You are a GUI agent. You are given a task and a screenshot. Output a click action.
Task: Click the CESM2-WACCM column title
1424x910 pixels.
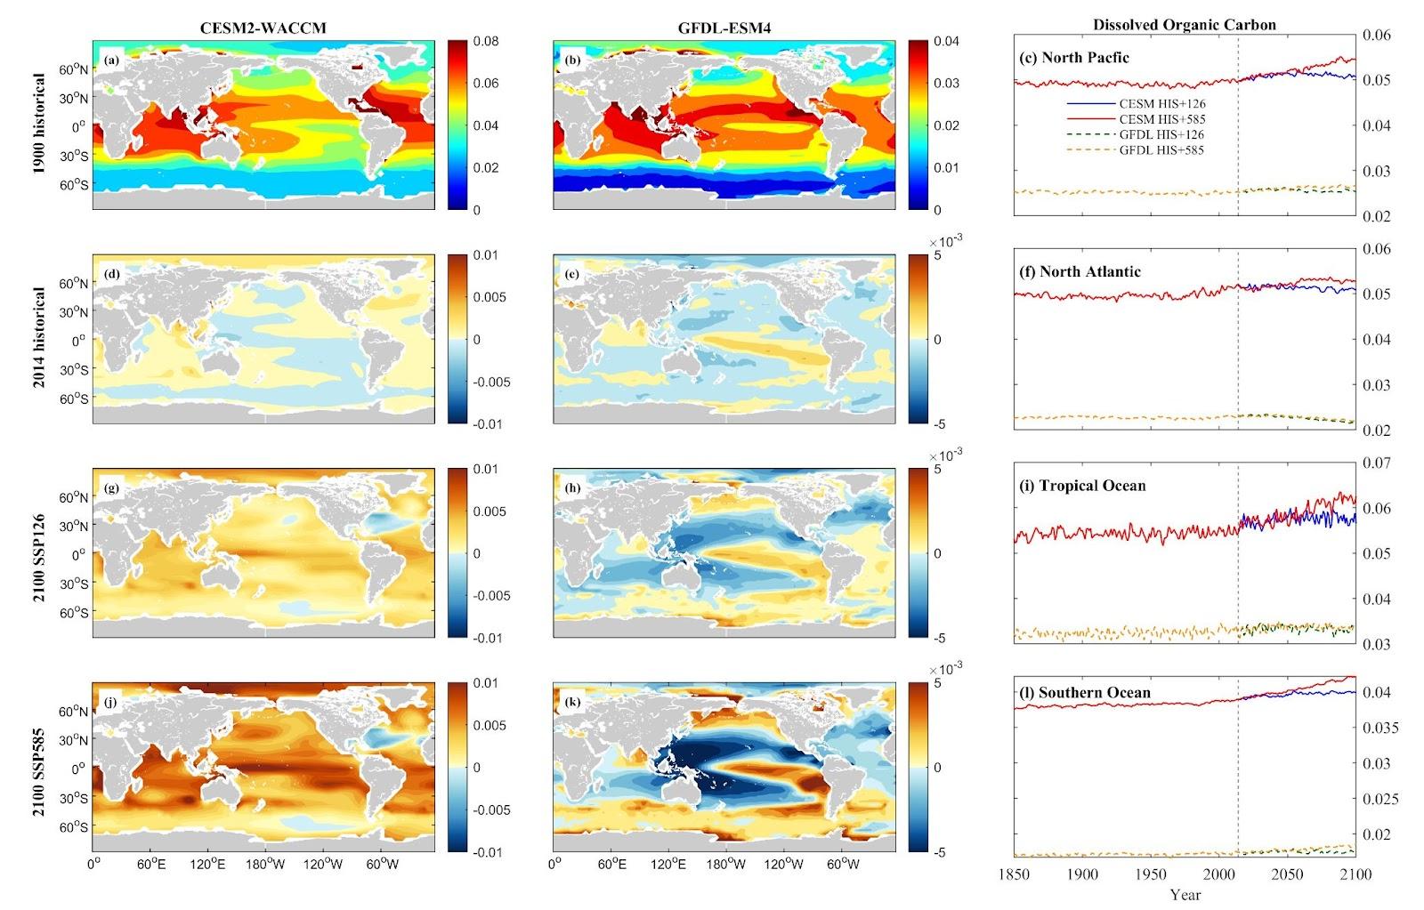pos(263,28)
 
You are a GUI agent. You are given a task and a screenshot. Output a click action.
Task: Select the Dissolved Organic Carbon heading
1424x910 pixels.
pos(1184,25)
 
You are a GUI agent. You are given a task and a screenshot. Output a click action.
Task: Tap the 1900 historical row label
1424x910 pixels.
pos(38,125)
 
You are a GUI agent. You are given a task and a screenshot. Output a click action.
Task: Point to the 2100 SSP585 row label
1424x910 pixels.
pos(38,768)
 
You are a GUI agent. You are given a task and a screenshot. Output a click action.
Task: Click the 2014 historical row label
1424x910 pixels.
pos(38,338)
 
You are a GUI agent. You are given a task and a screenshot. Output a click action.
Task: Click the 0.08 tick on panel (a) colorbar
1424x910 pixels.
pos(486,41)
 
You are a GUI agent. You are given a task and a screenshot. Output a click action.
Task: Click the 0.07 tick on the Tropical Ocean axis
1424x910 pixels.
pos(1376,463)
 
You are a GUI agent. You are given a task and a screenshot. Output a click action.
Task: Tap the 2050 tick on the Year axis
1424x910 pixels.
pos(1287,874)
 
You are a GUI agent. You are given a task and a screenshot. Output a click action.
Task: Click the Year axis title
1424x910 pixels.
pos(1185,894)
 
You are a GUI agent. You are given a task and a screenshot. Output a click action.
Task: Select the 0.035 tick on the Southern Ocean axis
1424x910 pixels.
pos(1380,728)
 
